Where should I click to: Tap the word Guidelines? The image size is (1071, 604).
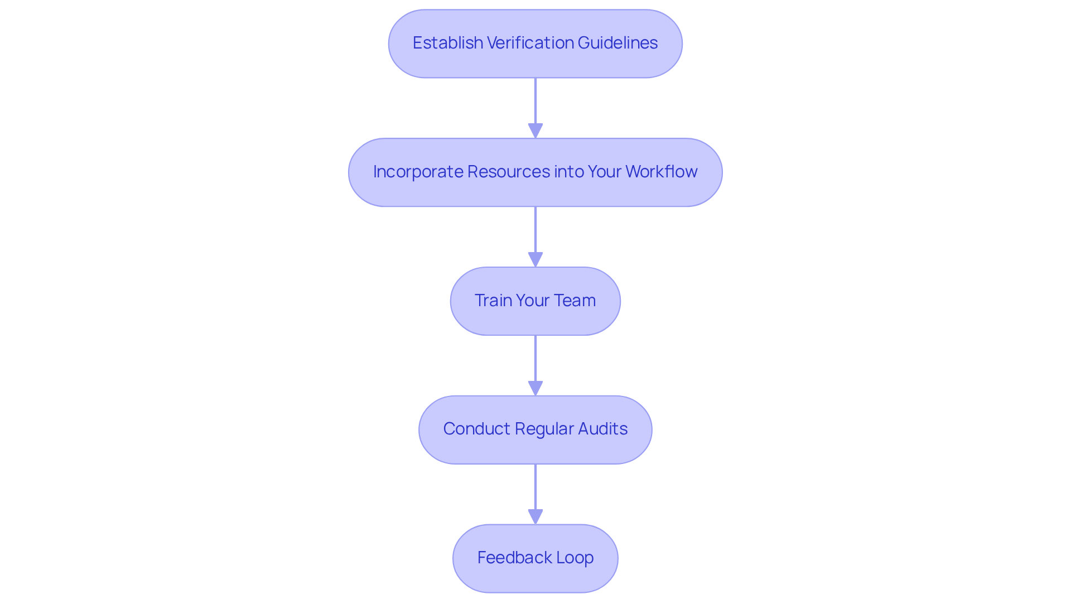click(x=617, y=43)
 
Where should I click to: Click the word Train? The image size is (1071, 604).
click(x=493, y=301)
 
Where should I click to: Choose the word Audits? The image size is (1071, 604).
click(x=602, y=429)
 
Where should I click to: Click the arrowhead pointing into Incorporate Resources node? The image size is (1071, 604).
click(x=535, y=131)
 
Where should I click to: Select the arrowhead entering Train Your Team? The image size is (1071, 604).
click(x=535, y=259)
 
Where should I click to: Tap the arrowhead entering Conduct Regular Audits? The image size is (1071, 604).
click(x=535, y=388)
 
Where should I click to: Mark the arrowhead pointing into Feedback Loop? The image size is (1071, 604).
click(x=535, y=516)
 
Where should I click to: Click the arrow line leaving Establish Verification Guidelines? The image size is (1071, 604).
click(x=535, y=100)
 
